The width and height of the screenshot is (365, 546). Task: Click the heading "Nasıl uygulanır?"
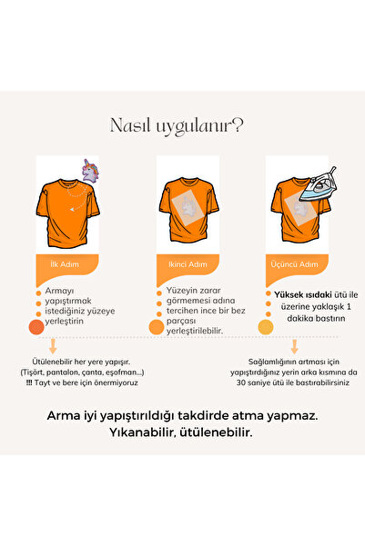click(x=177, y=125)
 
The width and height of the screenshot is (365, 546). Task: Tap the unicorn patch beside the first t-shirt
click(x=90, y=171)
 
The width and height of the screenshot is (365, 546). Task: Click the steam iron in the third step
click(x=319, y=184)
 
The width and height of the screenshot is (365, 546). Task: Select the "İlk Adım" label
click(x=65, y=264)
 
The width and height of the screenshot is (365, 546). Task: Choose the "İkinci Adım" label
click(x=188, y=264)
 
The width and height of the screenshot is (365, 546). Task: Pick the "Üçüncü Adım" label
click(x=294, y=264)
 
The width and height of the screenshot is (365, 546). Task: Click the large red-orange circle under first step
click(x=36, y=327)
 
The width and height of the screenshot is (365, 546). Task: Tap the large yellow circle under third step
click(x=266, y=327)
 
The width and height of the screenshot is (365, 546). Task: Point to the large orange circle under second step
click(x=157, y=327)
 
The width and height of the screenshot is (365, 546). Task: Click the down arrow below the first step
click(x=53, y=346)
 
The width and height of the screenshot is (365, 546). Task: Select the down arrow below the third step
click(x=295, y=346)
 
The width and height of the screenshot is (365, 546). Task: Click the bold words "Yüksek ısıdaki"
click(x=303, y=295)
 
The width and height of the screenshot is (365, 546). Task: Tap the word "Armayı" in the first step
click(x=59, y=291)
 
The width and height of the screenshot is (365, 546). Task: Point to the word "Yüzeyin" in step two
click(x=180, y=290)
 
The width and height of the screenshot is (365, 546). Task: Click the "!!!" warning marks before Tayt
click(x=29, y=382)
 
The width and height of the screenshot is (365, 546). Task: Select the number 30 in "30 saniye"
click(x=241, y=382)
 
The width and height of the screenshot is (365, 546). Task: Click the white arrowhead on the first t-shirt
click(x=72, y=209)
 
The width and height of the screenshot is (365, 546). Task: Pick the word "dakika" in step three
click(x=300, y=318)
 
